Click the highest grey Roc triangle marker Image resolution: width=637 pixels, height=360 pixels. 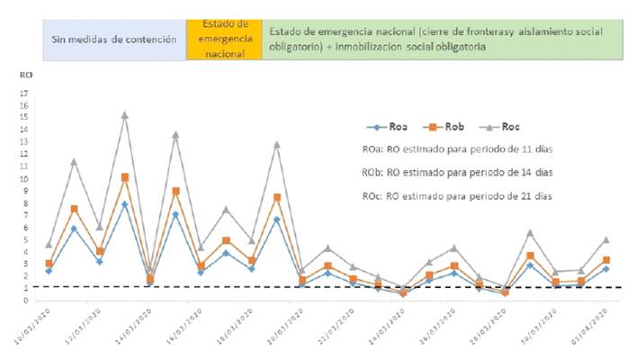pos(124,115)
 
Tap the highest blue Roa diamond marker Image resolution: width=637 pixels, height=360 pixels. pos(124,203)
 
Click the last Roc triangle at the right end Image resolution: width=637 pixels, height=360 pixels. pos(606,239)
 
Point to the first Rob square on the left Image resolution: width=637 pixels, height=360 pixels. pos(49,264)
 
